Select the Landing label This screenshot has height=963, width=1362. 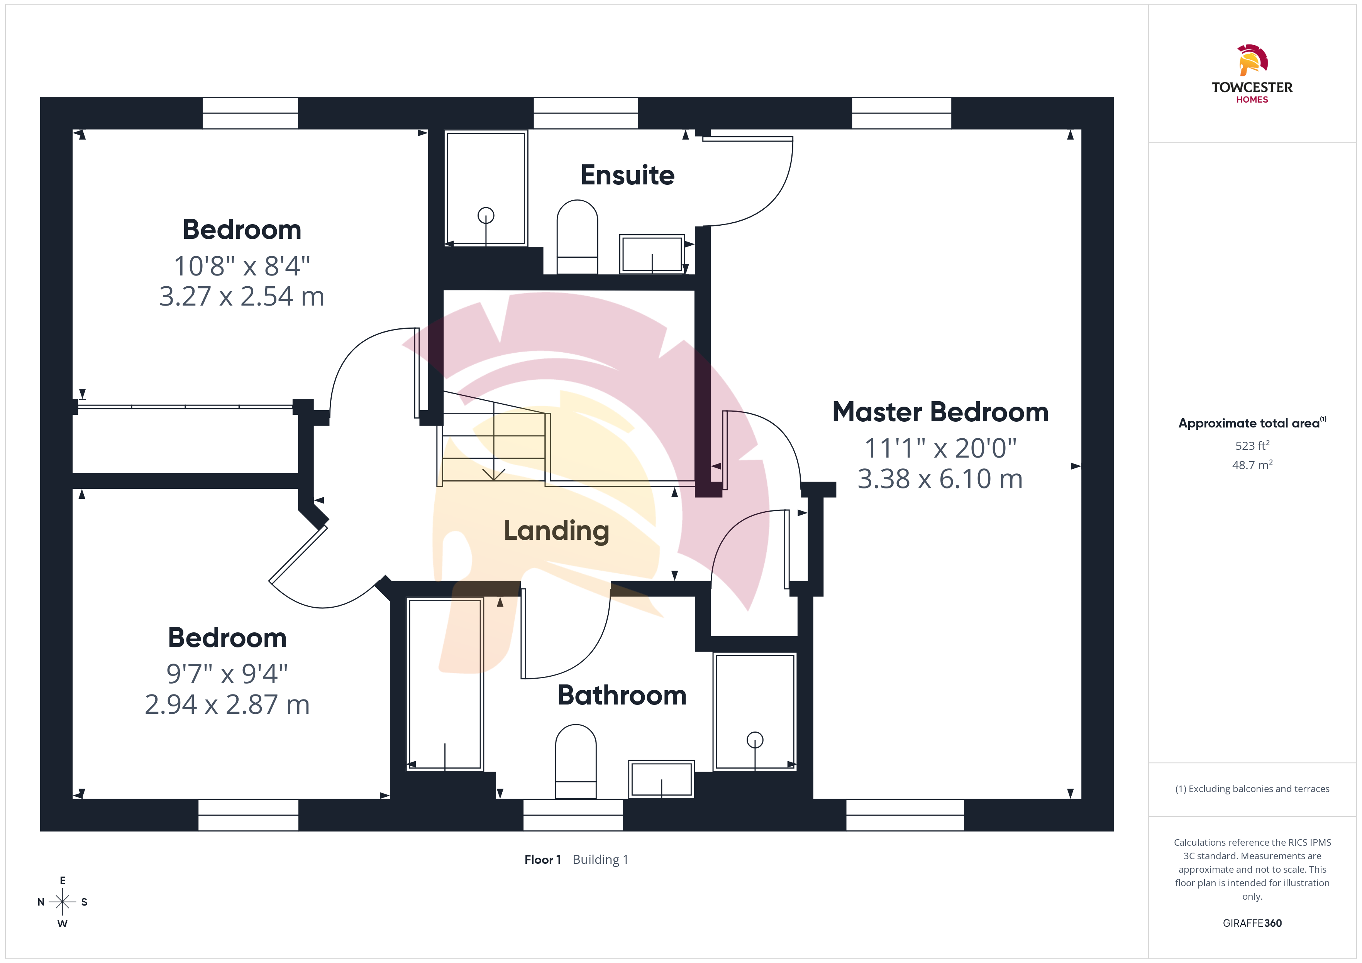556,531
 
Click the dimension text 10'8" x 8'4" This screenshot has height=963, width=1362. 242,266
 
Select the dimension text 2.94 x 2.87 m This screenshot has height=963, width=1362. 227,705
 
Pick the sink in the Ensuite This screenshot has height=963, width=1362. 652,254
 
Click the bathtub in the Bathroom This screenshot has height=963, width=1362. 445,684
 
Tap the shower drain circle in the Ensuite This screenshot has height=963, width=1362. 486,215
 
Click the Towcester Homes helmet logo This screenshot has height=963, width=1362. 1252,60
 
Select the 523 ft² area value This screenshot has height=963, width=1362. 1252,445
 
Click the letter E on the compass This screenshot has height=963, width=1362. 62,880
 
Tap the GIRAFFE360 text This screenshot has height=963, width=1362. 1252,923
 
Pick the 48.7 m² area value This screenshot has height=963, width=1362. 1252,465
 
